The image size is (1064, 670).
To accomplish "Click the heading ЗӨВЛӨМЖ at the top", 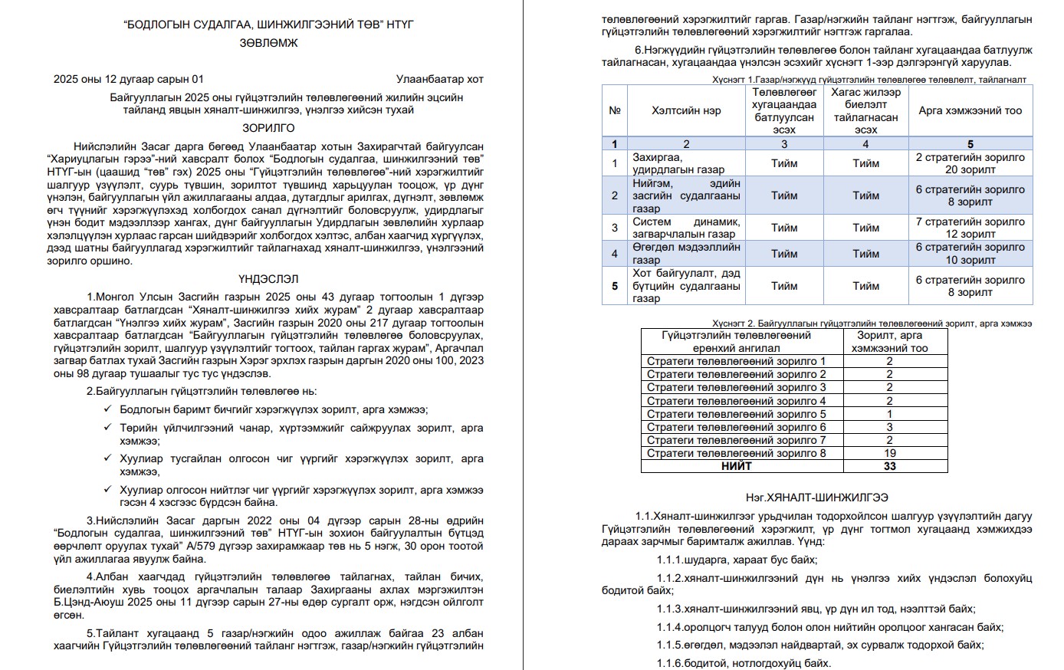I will coord(268,43).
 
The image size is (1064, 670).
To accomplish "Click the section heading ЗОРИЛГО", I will coord(268,128).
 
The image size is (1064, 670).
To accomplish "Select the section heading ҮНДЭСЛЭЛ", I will coord(268,279).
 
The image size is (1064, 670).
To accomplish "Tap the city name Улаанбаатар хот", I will coord(439,79).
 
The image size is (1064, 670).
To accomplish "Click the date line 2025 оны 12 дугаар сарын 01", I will coord(129,79).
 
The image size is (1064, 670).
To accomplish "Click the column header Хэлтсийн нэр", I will coord(686,110).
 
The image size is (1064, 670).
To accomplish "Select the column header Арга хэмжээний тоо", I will coord(970,110).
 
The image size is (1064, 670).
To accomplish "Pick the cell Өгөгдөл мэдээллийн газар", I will coord(686,254).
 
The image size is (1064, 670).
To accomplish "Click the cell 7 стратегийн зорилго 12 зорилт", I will coord(970,228).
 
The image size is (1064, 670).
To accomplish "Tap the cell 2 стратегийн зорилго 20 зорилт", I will coord(970,163).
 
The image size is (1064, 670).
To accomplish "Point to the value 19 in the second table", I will coord(889,453).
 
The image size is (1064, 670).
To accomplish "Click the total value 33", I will coord(889,466).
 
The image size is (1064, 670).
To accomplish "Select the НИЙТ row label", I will coord(736,466).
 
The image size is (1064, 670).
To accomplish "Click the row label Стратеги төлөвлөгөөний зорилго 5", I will coord(736,414).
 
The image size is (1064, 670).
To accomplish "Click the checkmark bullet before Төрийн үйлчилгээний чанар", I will coord(107,428).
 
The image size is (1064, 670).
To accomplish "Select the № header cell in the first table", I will coord(614,110).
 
